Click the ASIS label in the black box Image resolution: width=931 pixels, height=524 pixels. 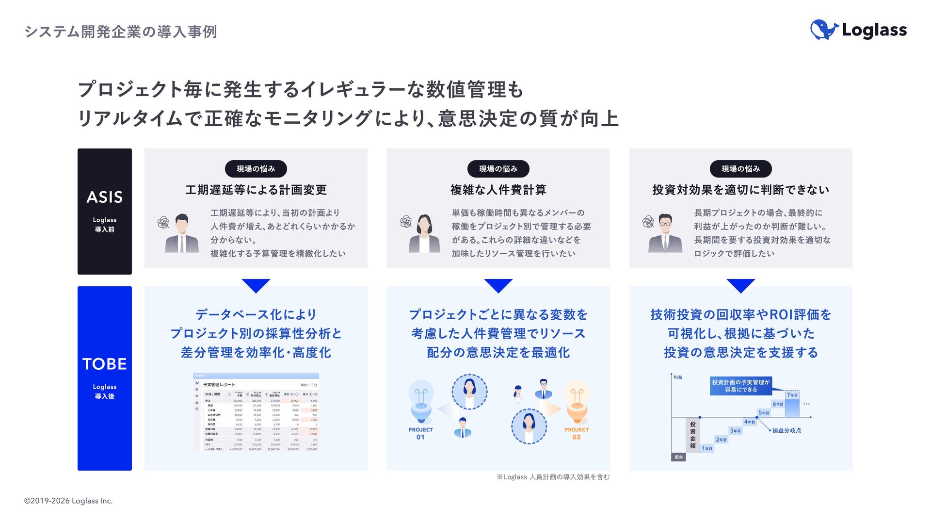(105, 197)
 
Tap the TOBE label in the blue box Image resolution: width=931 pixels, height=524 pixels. (105, 364)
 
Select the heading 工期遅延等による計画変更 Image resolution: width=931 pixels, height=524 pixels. (256, 190)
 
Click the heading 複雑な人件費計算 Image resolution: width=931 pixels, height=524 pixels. (498, 190)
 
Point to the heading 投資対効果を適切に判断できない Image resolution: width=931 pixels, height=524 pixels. (740, 190)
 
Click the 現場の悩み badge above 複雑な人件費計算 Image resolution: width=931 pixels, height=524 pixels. (498, 169)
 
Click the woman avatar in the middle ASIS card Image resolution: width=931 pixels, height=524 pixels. (424, 233)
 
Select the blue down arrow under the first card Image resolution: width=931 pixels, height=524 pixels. (256, 285)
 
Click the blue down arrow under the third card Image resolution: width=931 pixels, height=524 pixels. (740, 285)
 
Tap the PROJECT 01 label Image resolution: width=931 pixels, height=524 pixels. (420, 433)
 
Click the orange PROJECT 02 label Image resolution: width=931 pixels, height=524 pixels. (576, 433)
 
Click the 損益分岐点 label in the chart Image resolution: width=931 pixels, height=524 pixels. (787, 430)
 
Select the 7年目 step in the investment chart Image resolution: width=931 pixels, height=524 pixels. (792, 395)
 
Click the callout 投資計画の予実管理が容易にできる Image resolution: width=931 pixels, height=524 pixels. (740, 386)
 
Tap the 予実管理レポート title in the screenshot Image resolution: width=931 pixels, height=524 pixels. (219, 385)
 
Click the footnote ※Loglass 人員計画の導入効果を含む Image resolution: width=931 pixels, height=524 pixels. (553, 477)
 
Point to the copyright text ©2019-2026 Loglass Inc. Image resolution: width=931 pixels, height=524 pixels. (68, 501)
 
